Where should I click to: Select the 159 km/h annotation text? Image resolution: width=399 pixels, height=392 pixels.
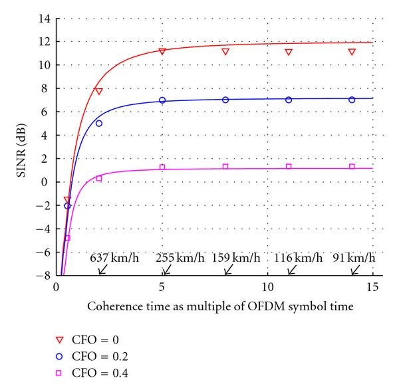[237, 258]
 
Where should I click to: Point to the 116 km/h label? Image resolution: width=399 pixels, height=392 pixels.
[299, 258]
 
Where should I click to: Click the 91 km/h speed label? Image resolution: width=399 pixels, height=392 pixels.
[354, 258]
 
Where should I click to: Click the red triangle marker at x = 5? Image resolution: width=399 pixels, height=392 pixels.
[162, 51]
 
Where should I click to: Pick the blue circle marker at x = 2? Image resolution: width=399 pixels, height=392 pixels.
[98, 123]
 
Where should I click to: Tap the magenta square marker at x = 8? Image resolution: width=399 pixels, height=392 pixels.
[225, 166]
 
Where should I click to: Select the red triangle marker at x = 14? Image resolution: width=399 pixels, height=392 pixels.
[352, 52]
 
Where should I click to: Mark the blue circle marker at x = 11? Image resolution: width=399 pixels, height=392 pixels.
[289, 100]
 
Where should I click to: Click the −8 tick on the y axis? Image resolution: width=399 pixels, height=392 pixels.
[44, 275]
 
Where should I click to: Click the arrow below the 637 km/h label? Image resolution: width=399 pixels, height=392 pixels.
[102, 270]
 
